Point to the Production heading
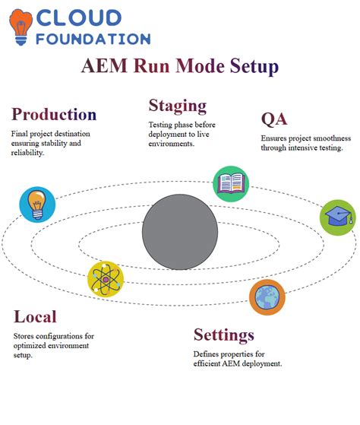(53, 115)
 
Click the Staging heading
(177, 105)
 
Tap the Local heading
(35, 316)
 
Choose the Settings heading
(223, 335)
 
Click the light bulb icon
(37, 204)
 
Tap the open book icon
(230, 183)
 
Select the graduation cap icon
(336, 217)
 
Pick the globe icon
(267, 297)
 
